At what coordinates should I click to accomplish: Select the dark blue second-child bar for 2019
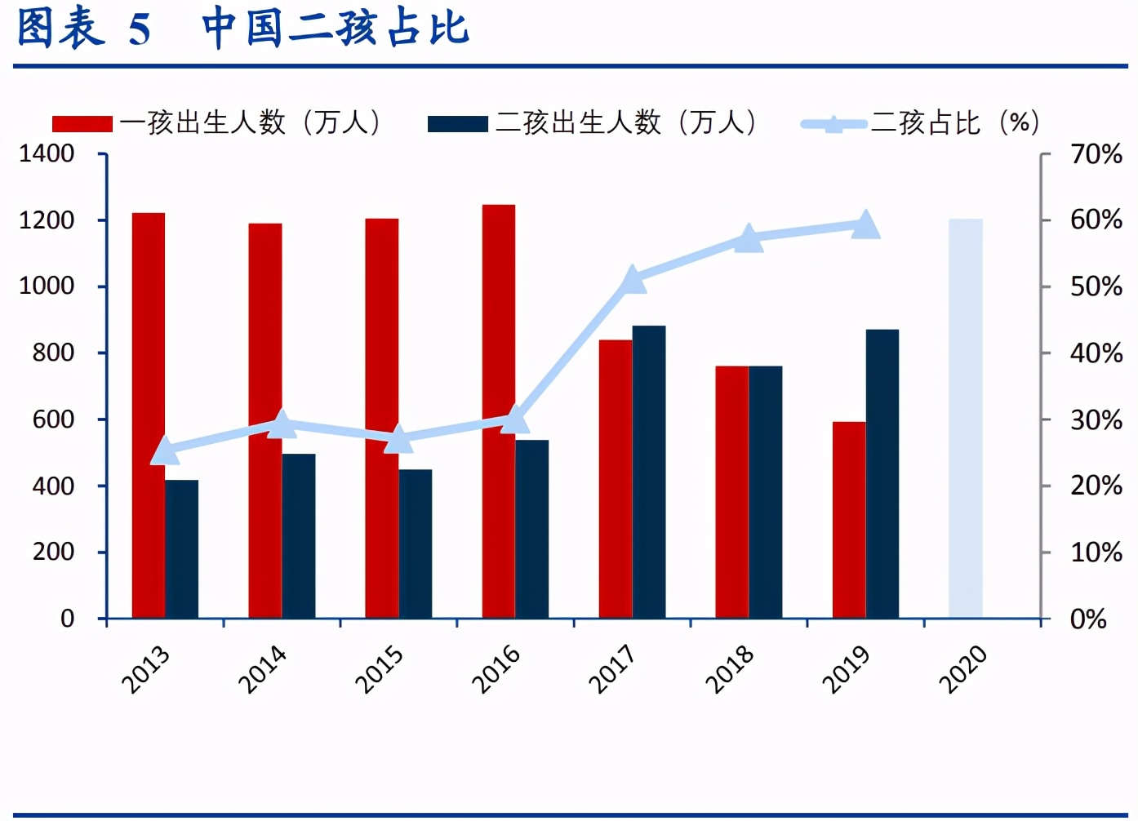882,473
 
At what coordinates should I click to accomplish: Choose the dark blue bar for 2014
299,535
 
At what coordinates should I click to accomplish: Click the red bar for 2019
848,520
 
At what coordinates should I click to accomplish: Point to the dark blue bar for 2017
648,472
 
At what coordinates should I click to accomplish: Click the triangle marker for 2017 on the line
632,280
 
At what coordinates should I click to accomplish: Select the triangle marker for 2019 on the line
865,224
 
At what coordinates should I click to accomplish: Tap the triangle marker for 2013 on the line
165,450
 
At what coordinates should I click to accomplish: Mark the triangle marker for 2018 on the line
749,239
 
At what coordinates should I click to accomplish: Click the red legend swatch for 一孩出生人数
82,124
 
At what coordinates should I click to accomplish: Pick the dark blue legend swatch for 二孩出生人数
457,124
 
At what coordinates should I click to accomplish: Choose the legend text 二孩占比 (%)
955,123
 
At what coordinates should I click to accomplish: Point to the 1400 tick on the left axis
47,153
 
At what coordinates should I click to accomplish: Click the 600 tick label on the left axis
53,419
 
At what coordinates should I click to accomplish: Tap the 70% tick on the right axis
1096,153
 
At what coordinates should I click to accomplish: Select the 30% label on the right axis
1096,420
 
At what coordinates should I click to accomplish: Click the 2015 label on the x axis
379,669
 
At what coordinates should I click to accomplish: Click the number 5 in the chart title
140,30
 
